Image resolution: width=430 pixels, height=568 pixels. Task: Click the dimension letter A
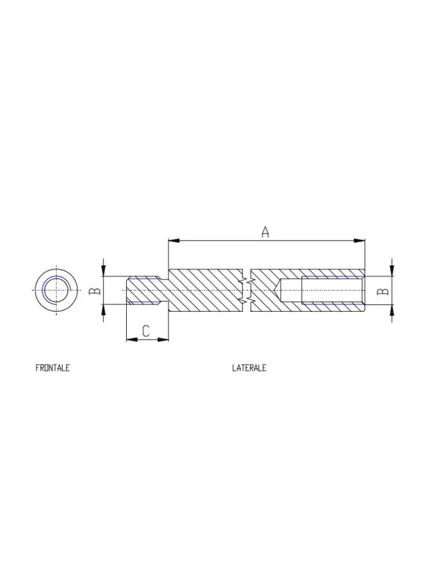(x=265, y=232)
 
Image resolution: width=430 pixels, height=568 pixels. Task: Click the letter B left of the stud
(x=95, y=291)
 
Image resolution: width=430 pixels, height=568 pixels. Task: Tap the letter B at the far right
(x=382, y=291)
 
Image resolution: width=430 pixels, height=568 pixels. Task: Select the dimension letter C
(x=145, y=331)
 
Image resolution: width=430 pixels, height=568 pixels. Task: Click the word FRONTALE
(x=52, y=368)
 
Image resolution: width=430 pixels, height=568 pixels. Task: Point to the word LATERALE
(x=249, y=368)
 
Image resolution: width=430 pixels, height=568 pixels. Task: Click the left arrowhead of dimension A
(x=174, y=240)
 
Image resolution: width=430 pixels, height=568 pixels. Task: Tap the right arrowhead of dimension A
(x=360, y=240)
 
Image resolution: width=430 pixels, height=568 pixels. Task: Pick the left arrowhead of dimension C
(x=132, y=340)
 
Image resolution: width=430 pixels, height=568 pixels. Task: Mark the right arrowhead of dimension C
(x=164, y=340)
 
